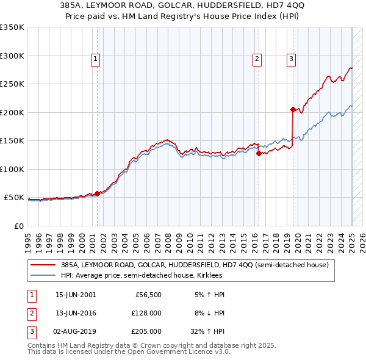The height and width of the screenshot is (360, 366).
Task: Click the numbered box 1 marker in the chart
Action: (x=96, y=59)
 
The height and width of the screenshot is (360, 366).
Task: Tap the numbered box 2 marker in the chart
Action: (x=257, y=59)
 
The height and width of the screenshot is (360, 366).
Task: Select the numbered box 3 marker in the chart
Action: (x=291, y=59)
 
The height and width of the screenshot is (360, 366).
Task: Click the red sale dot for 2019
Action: (x=293, y=110)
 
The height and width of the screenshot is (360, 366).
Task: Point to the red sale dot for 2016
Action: (x=259, y=154)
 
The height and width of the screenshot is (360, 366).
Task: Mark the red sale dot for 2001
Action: (x=97, y=194)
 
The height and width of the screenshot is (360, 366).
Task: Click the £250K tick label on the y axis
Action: (x=12, y=84)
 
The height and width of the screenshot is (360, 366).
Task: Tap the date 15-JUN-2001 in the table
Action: (x=76, y=295)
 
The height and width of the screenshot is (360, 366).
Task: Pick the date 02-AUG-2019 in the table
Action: (x=76, y=331)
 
